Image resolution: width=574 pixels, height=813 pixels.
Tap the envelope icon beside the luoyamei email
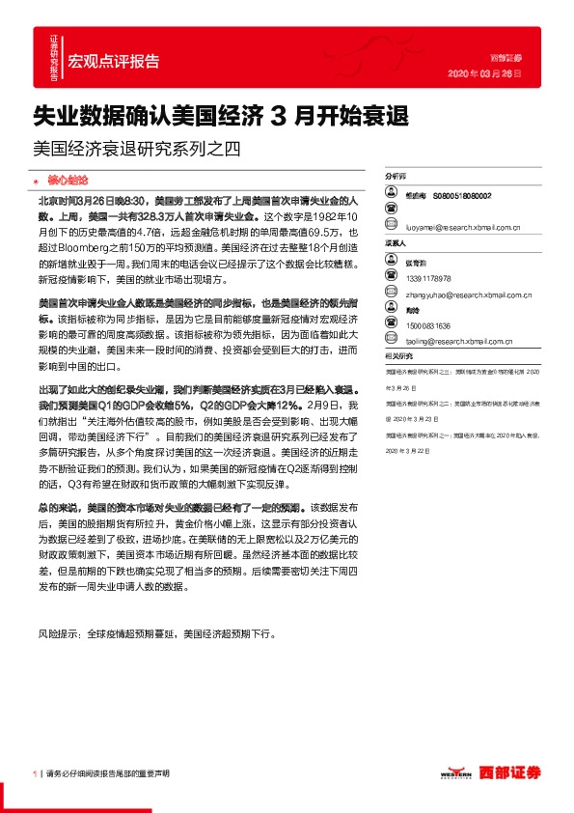click(391, 229)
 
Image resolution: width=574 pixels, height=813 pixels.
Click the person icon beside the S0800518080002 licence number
click(391, 195)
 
